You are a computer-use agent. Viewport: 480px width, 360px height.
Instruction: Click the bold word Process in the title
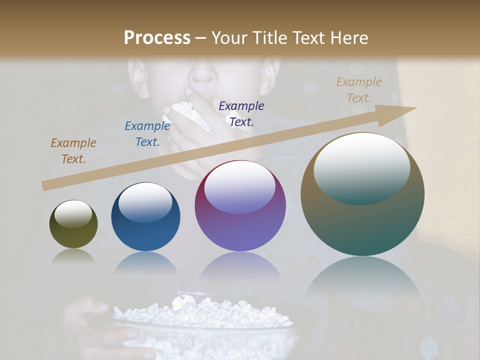(157, 38)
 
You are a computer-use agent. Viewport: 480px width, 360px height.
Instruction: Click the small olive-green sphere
(73, 224)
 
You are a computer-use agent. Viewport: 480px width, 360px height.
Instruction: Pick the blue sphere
(145, 217)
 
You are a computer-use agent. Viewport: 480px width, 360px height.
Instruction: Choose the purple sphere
(240, 206)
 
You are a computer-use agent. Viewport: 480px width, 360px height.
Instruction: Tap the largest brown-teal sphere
(362, 194)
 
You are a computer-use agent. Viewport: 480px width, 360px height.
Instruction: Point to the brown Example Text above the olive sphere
(73, 151)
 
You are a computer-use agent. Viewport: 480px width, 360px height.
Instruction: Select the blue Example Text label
(147, 134)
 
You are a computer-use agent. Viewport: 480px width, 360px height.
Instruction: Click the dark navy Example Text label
(241, 113)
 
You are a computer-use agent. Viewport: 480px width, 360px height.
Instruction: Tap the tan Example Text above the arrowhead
(358, 90)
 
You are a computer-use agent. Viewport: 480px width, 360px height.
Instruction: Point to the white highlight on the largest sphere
(361, 168)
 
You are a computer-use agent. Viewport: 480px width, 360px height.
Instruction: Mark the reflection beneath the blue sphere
(145, 265)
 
